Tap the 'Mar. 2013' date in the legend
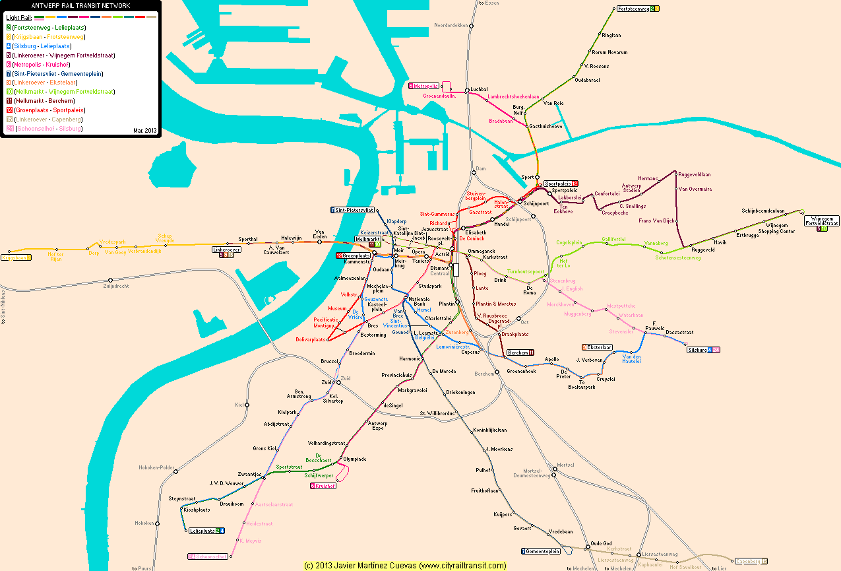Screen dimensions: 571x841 (x=144, y=131)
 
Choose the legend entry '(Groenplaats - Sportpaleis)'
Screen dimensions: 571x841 (x=49, y=110)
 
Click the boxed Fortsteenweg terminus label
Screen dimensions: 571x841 (x=635, y=9)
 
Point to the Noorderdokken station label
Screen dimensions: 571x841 (x=451, y=25)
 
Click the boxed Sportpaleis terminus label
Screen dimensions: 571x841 (x=558, y=184)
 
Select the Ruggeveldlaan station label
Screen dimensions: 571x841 (x=694, y=174)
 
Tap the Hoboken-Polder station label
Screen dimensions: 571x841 (x=156, y=467)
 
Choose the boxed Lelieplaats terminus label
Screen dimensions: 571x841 (x=202, y=531)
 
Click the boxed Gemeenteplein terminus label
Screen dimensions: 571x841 (x=543, y=551)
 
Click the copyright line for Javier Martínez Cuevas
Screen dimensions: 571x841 (x=405, y=566)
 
